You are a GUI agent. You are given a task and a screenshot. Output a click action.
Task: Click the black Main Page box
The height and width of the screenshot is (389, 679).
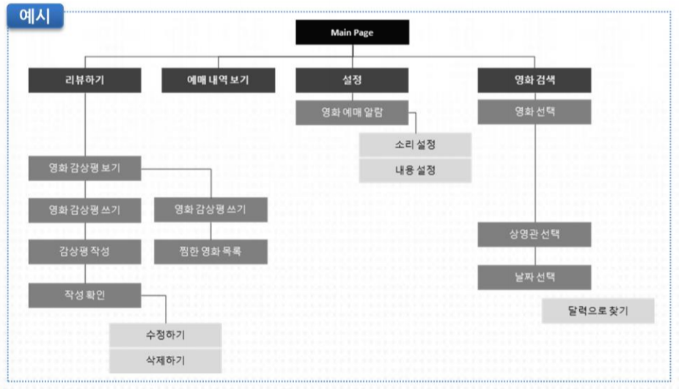352,33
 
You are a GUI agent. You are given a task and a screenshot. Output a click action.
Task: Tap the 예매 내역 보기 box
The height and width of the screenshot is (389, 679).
218,81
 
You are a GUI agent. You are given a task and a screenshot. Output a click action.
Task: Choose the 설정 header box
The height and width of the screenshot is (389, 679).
352,81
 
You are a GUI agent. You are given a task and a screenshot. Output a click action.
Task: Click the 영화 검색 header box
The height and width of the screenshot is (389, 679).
535,81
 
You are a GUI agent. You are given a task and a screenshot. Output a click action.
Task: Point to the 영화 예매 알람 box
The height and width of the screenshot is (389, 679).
352,113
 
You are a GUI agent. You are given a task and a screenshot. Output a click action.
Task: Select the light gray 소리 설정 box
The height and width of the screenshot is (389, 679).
414,145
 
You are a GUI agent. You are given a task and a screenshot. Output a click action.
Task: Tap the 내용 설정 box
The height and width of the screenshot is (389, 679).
414,170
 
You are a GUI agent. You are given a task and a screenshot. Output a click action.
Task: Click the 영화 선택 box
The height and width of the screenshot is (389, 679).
535,112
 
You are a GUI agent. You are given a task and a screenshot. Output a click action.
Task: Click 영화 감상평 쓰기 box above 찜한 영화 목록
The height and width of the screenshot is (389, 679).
210,210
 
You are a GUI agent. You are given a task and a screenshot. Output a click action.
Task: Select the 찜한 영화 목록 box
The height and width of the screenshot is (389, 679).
210,252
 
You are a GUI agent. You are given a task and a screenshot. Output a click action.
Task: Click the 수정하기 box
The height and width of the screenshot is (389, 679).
165,335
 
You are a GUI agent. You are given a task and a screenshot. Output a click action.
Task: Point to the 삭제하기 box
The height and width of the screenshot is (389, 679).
165,360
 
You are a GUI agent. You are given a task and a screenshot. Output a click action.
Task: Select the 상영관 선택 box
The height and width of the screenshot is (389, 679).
535,235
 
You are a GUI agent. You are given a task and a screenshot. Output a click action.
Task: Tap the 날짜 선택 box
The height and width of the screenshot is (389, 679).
535,277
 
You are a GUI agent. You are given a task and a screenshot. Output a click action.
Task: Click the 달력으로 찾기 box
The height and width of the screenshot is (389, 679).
598,310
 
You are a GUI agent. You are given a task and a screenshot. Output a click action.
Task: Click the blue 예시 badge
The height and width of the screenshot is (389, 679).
35,17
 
